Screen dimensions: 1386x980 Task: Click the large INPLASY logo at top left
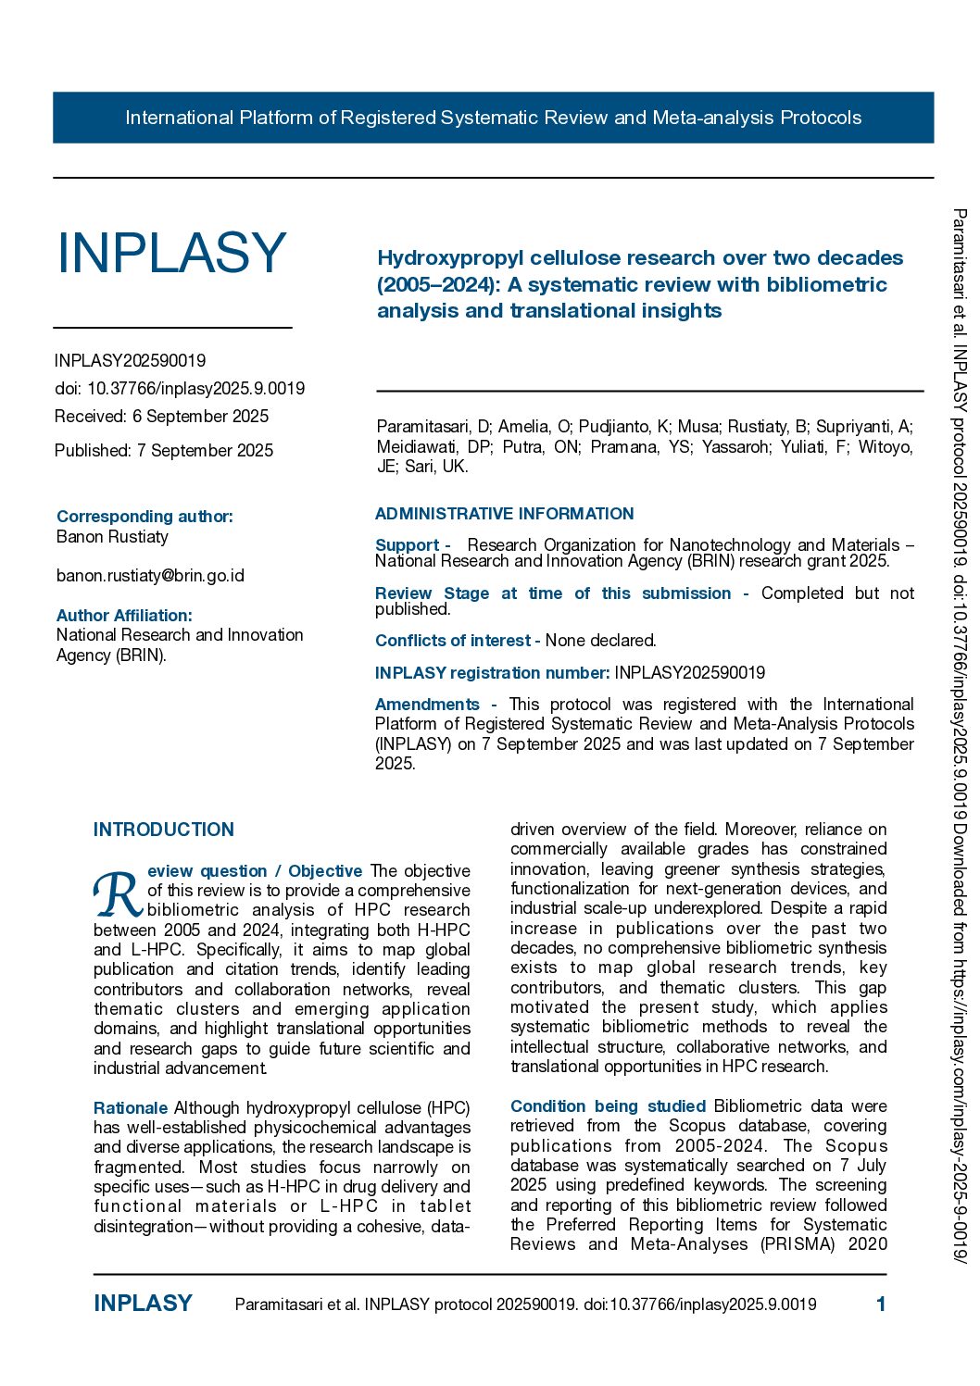[x=171, y=253]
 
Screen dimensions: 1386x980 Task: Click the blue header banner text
[x=493, y=118]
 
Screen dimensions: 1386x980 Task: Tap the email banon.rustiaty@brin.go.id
[x=150, y=576]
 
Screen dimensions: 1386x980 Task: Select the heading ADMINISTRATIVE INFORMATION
[x=504, y=514]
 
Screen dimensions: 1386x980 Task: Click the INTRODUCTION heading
[x=164, y=830]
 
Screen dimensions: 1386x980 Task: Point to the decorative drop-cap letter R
[x=117, y=894]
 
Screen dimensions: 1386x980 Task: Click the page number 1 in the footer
[x=881, y=1305]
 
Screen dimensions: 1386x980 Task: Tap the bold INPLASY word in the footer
[x=143, y=1304]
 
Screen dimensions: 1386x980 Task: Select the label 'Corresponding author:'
[x=144, y=517]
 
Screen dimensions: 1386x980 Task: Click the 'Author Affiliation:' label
[x=124, y=616]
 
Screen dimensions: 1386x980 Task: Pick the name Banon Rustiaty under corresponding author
[x=112, y=537]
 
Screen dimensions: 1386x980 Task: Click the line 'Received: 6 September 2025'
[x=161, y=417]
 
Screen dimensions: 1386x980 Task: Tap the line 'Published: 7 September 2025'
[x=164, y=451]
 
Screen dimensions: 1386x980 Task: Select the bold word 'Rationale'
[x=131, y=1108]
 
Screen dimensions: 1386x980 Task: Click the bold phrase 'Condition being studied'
[x=608, y=1106]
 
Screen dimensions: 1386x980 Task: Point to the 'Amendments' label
[x=427, y=705]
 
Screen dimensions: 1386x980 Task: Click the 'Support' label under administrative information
[x=407, y=545]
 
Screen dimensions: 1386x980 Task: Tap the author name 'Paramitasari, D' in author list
[x=433, y=427]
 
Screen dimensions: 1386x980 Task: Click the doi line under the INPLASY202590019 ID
[x=180, y=389]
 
